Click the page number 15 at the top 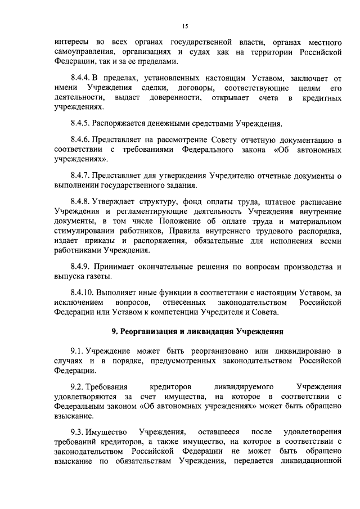(184, 26)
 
